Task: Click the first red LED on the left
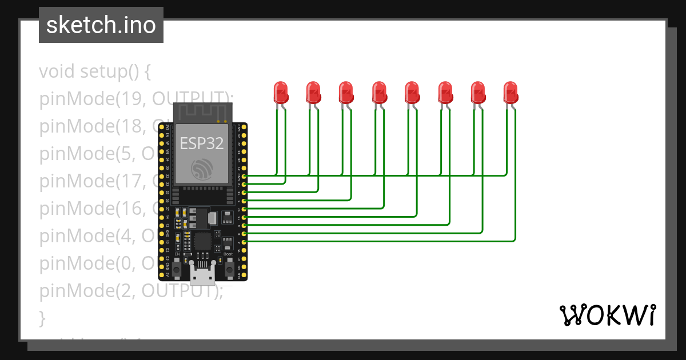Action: click(280, 92)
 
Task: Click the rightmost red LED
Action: click(510, 92)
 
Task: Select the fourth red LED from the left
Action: click(379, 92)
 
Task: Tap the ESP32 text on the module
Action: click(202, 143)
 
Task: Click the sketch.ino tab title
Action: click(101, 25)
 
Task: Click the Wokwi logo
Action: click(607, 315)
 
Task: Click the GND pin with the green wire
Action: click(245, 177)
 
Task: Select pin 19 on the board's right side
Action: click(245, 185)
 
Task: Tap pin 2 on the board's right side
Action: click(245, 242)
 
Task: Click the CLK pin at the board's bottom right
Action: click(245, 275)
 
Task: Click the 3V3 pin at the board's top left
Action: click(162, 127)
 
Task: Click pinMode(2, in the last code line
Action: click(86, 291)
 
